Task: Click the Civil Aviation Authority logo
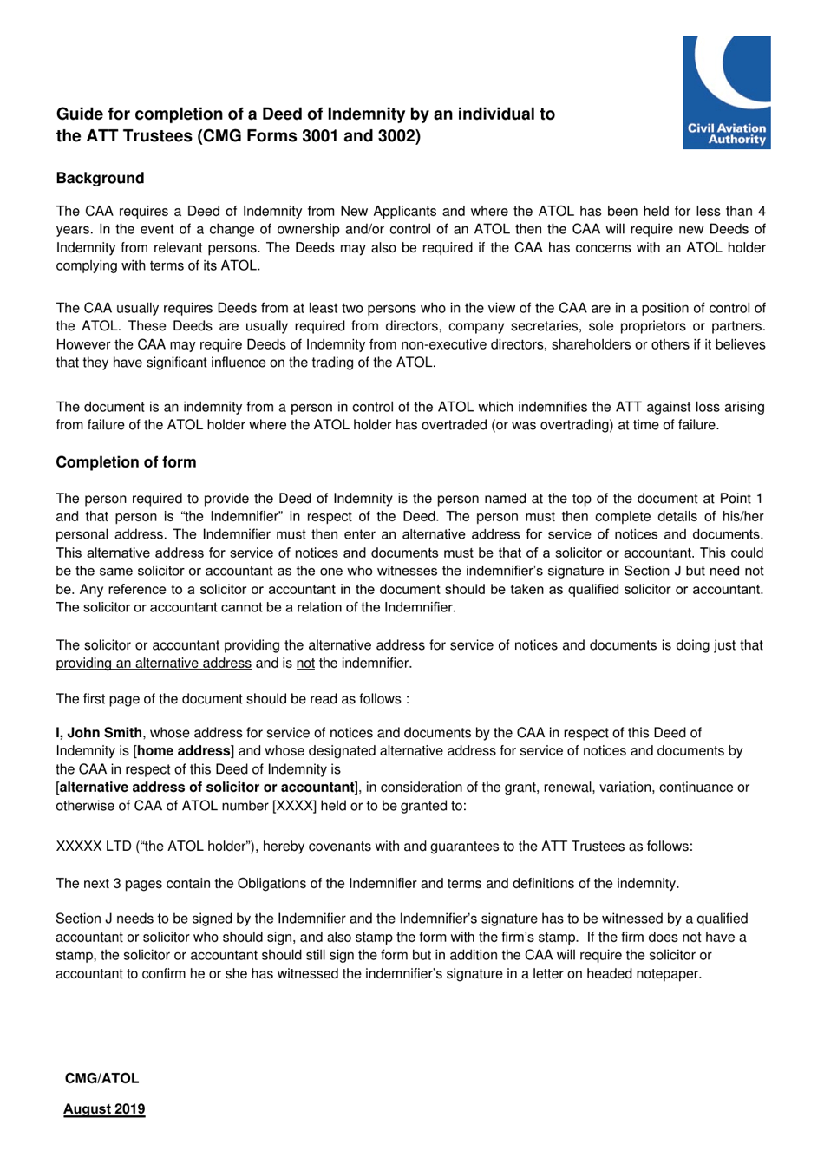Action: click(x=726, y=92)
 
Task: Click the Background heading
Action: click(x=100, y=178)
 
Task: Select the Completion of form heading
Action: click(x=126, y=462)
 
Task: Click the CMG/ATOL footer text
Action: click(x=101, y=1078)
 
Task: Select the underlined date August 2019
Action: click(x=104, y=1108)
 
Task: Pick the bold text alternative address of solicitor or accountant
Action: click(x=206, y=788)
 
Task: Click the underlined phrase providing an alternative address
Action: click(x=154, y=664)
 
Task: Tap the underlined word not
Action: click(x=305, y=664)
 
